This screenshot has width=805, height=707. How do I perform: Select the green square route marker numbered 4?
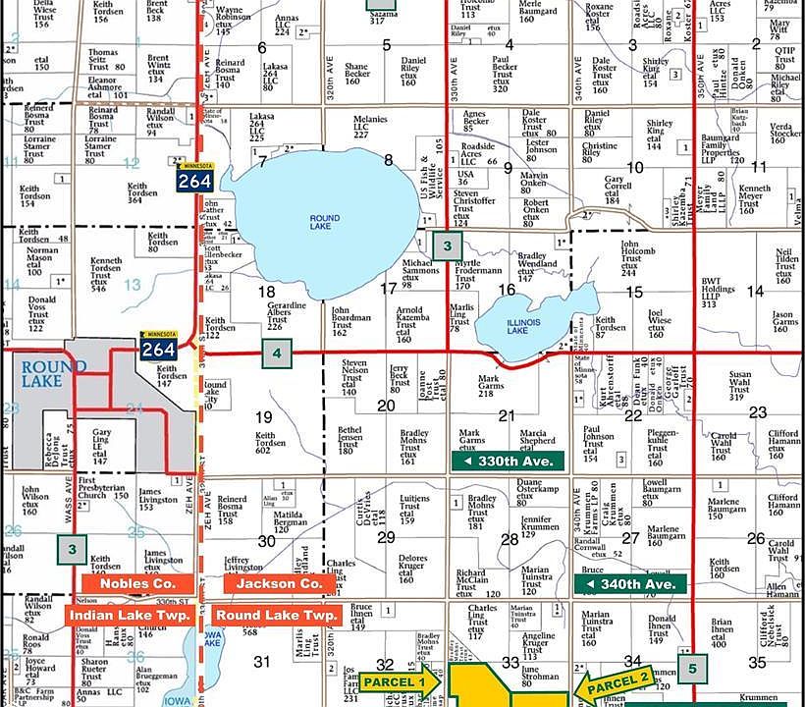click(278, 353)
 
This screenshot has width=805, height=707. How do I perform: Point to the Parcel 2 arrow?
click(614, 680)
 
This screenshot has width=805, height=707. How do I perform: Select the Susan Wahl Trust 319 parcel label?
click(741, 386)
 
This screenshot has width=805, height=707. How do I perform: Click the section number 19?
click(264, 417)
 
